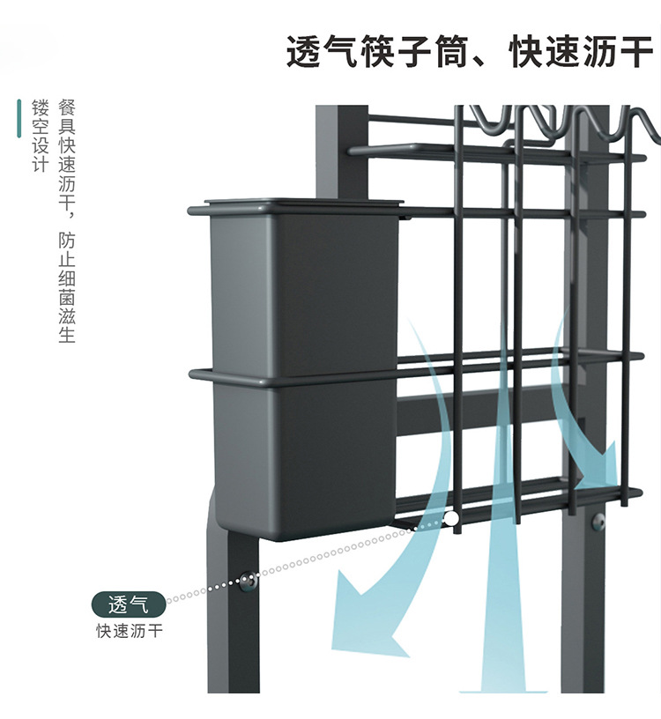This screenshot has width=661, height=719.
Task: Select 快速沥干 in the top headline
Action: tap(581, 52)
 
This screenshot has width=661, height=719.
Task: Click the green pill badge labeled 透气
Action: tap(129, 605)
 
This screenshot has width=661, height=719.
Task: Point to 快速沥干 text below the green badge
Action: tap(129, 631)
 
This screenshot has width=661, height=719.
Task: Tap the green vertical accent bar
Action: tap(19, 119)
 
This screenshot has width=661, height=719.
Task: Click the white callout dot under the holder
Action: tap(452, 519)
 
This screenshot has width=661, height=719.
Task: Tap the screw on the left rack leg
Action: tap(249, 579)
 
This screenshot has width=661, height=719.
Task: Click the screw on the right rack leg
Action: tap(599, 522)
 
